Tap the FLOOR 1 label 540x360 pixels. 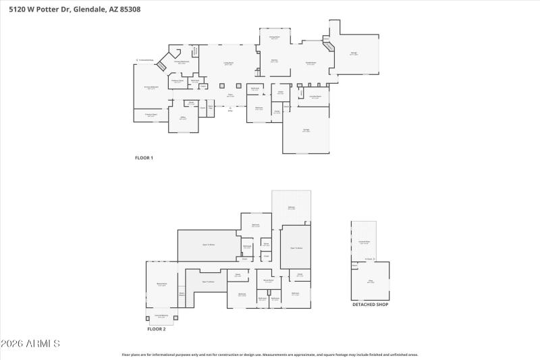coord(144,158)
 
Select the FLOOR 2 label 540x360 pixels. coord(157,329)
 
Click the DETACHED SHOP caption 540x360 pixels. coord(370,305)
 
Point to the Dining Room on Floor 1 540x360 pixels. coord(275,38)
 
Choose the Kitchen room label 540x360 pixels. coord(275,61)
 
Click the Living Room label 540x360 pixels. coord(229,63)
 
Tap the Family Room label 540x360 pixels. coord(311,63)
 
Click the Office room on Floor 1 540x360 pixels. coord(182,118)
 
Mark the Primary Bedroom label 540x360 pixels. coord(151,87)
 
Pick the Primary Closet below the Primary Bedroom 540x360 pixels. coord(151,115)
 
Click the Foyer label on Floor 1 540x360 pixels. coord(230,95)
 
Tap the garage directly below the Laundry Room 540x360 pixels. coord(306,131)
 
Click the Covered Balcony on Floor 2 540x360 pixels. coord(161,315)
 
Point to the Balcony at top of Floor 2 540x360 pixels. coord(291,208)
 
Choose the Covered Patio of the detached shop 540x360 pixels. coord(363,241)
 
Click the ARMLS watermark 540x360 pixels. coord(30,344)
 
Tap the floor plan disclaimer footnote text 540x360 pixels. coord(270,354)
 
